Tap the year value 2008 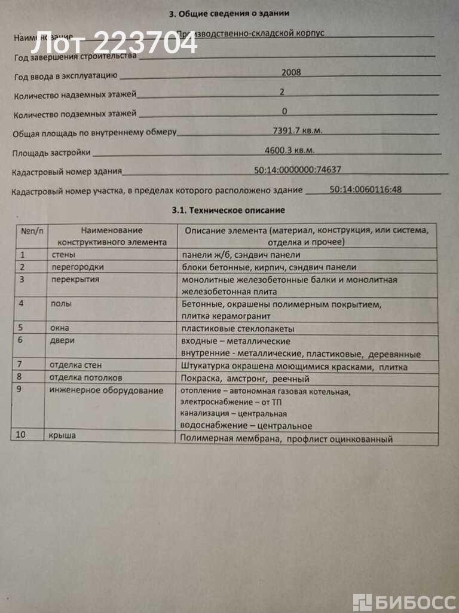pos(290,72)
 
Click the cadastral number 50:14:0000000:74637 pos(298,170)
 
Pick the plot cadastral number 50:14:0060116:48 pos(365,190)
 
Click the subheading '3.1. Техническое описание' pos(228,211)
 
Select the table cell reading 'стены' pos(63,255)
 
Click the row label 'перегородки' pos(78,267)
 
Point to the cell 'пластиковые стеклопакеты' pos(238,328)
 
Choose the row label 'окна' pos(60,328)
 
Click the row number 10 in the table pos(21,435)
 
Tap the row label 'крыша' pos(62,436)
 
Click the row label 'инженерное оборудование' pos(106,391)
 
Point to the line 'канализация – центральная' pos(233,414)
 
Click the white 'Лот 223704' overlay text pos(114,43)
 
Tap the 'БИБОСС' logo pos(404,601)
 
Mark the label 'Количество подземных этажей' pos(75,113)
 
